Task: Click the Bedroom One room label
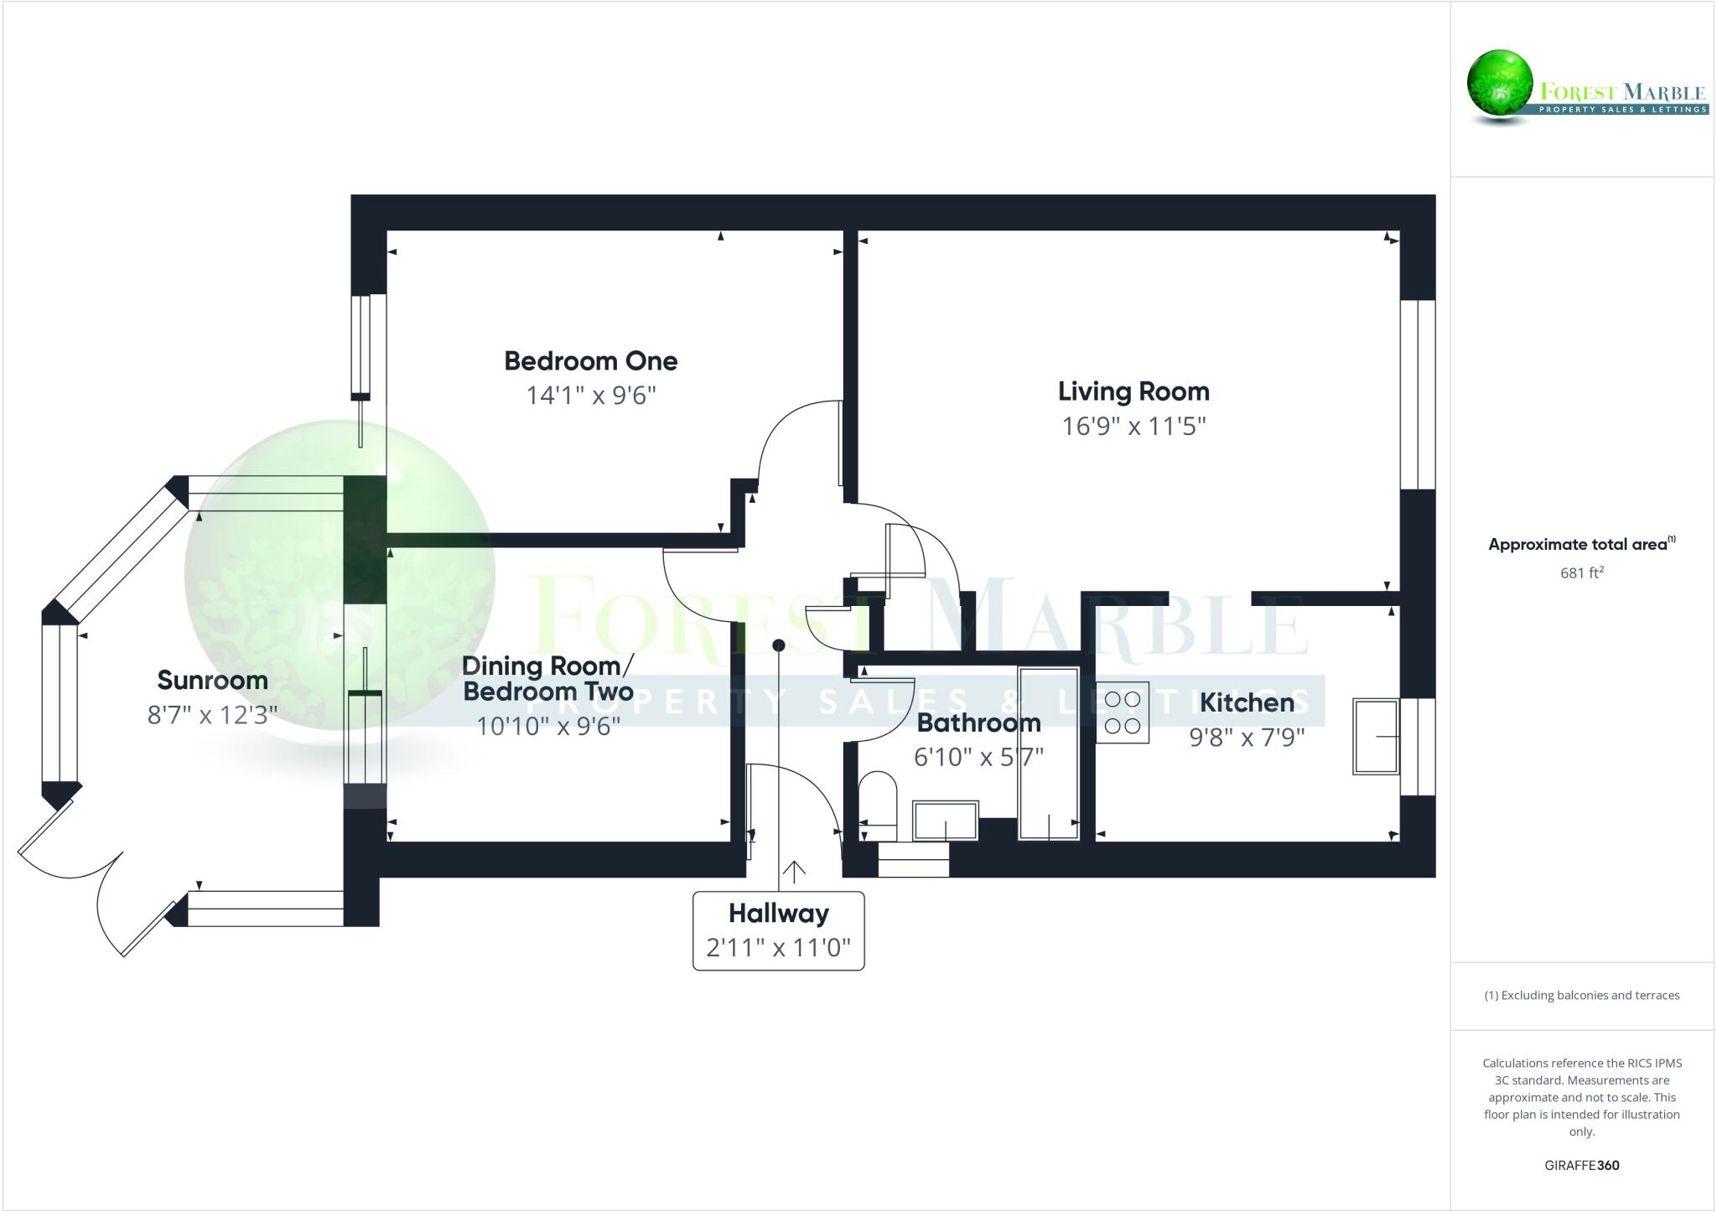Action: coord(590,361)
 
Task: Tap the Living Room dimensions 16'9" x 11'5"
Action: coord(1133,427)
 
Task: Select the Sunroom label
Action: coord(212,680)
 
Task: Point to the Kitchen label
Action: coord(1247,702)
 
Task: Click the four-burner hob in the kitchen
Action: coord(1122,712)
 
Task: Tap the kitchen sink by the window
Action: coord(1375,736)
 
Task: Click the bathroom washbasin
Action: coord(946,821)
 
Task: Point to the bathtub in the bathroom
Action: coord(1048,753)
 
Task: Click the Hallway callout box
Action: coord(778,931)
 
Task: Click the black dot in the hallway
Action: coord(778,645)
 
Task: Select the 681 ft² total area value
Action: coord(1581,573)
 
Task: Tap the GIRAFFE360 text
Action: coord(1581,1165)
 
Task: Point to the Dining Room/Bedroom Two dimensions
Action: coord(548,726)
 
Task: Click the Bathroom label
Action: coord(978,723)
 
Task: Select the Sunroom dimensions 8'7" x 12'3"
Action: coord(212,715)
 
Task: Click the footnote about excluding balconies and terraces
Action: coord(1581,996)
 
